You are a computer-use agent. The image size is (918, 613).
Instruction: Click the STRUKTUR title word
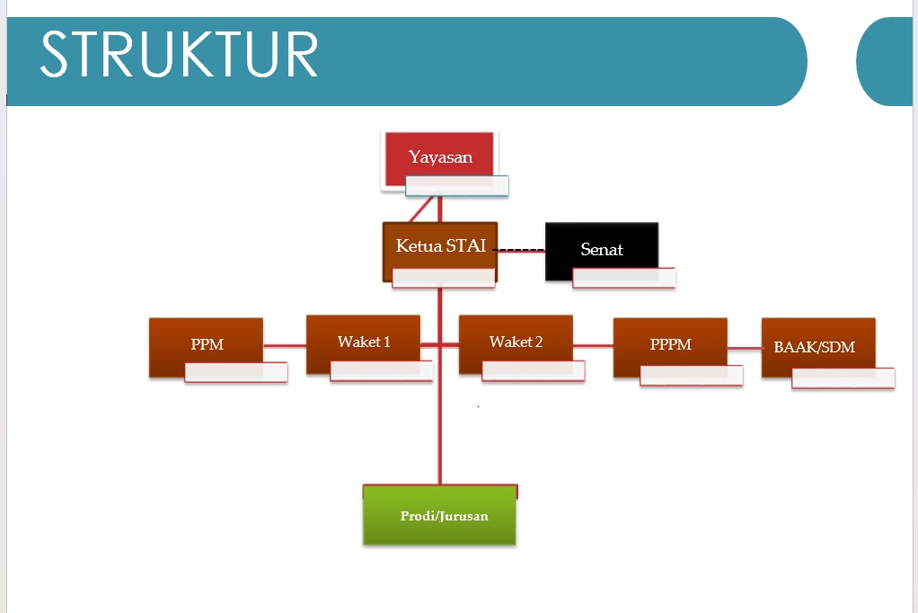(x=180, y=56)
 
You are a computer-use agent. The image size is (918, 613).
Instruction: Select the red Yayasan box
(x=439, y=154)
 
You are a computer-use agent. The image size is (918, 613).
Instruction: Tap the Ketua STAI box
(x=439, y=245)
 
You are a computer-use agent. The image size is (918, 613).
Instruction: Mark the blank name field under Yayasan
(x=457, y=186)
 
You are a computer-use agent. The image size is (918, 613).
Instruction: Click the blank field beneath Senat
(x=623, y=278)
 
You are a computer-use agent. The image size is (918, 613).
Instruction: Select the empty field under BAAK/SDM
(x=843, y=378)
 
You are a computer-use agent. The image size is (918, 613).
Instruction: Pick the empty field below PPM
(x=235, y=372)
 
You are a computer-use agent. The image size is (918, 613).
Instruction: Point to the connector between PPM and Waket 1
(x=285, y=345)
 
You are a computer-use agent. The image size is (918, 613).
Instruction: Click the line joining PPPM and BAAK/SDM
(x=745, y=348)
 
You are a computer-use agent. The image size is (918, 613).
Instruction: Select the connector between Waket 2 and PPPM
(x=593, y=345)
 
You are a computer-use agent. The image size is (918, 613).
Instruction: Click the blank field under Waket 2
(x=534, y=370)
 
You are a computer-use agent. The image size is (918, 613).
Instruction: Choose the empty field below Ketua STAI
(x=444, y=278)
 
